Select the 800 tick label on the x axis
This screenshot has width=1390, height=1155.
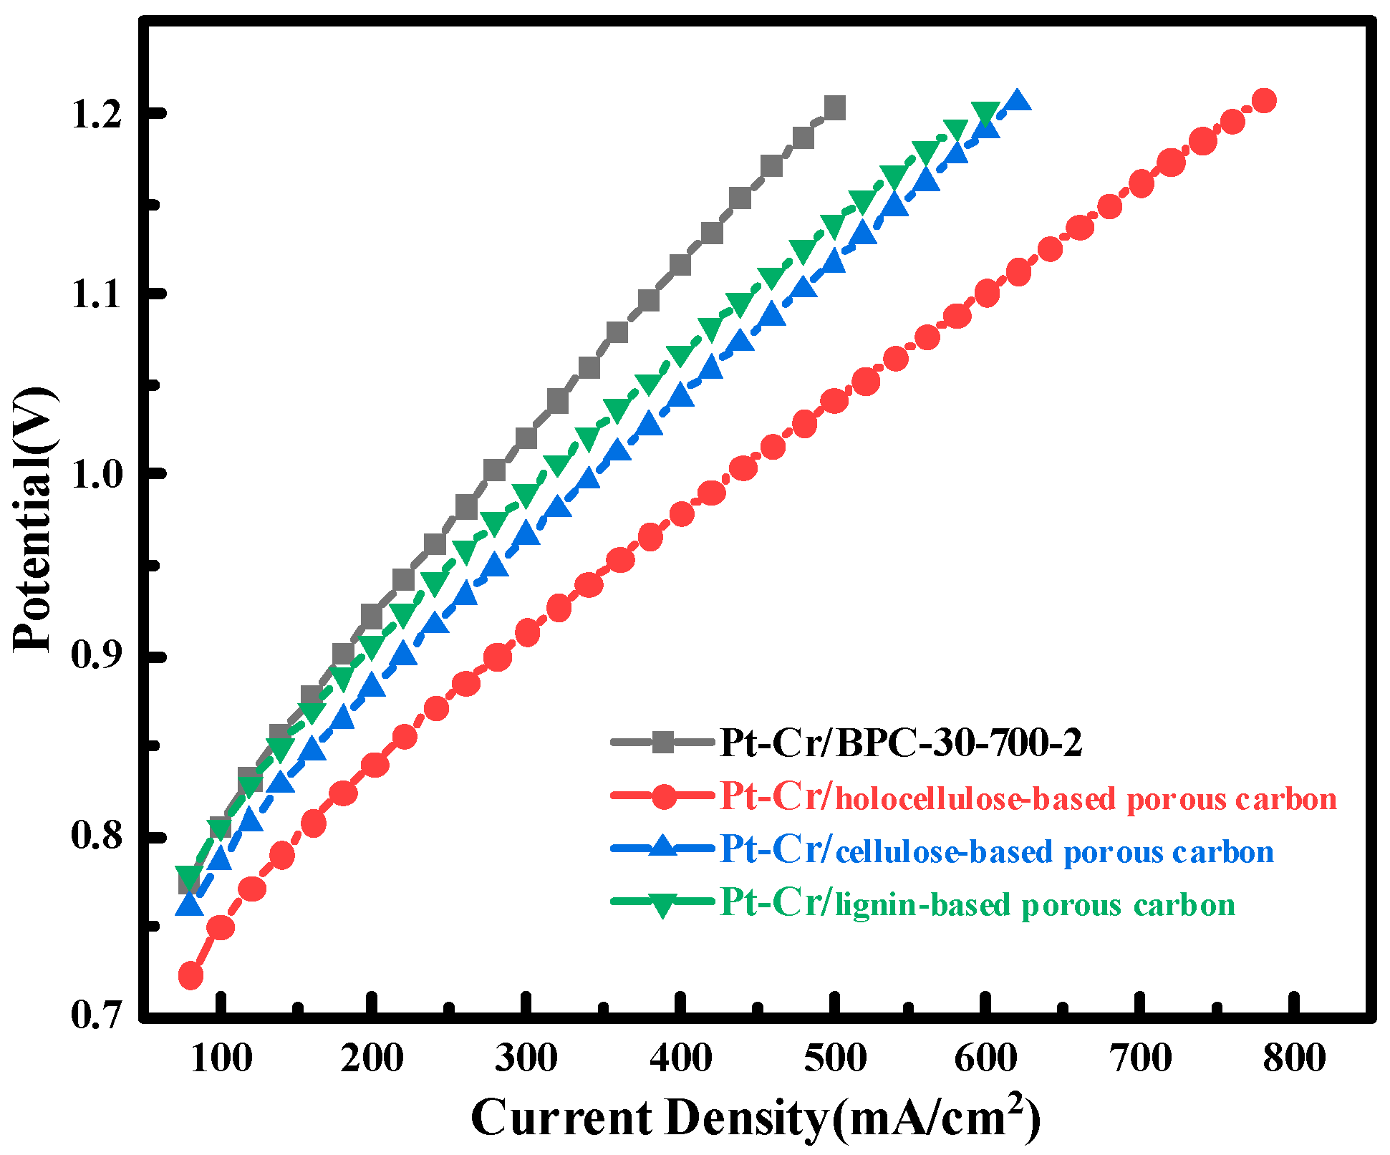(x=1294, y=1058)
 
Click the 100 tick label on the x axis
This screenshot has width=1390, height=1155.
(x=221, y=1058)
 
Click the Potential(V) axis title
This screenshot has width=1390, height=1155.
(x=34, y=519)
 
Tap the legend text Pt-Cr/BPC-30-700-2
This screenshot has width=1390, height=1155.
(x=901, y=743)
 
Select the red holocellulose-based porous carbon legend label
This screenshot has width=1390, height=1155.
(x=1028, y=798)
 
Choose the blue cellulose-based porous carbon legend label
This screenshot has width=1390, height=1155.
(x=997, y=851)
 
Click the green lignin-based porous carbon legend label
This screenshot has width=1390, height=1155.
(x=978, y=904)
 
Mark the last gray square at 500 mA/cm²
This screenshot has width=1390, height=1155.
(x=834, y=108)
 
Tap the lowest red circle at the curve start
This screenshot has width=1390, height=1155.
(x=190, y=975)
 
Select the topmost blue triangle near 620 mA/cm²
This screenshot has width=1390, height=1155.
(x=1017, y=101)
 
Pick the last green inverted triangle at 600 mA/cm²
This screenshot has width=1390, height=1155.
(x=986, y=113)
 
